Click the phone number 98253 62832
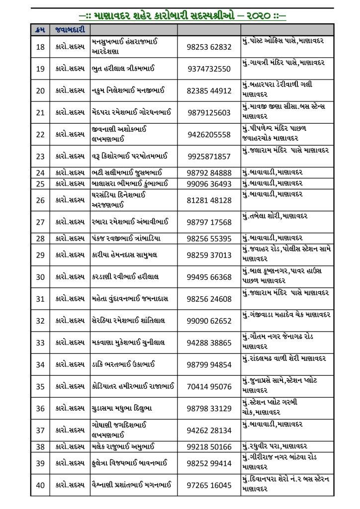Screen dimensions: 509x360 [209, 47]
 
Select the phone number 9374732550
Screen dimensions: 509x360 [209, 69]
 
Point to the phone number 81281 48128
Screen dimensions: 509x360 [209, 200]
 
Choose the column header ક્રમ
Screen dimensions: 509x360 [40, 30]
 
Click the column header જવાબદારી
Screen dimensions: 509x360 [70, 30]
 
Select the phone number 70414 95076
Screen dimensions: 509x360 [209, 386]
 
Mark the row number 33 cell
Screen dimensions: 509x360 [40, 342]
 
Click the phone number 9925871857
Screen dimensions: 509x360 [209, 157]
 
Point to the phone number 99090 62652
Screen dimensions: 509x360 [209, 321]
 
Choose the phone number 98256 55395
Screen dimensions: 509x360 [209, 239]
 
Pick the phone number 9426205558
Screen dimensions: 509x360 [209, 135]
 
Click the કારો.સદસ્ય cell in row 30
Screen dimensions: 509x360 [70, 277]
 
